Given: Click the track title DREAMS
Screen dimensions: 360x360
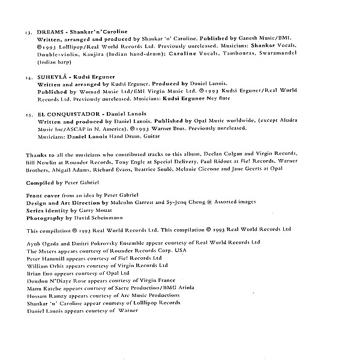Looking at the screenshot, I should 50,30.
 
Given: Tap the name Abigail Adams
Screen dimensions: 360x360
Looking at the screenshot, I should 73,170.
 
